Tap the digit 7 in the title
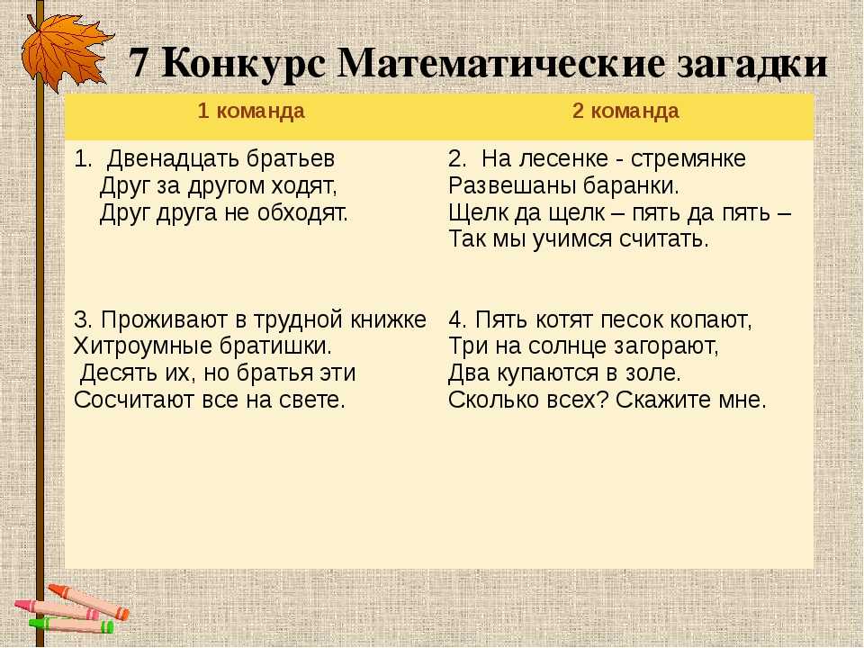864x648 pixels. click(x=139, y=64)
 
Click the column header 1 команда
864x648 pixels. click(x=251, y=111)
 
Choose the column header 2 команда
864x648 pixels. click(x=625, y=111)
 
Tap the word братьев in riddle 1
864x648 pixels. click(x=291, y=158)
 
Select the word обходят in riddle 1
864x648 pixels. click(x=302, y=212)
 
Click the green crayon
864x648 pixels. click(x=72, y=625)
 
